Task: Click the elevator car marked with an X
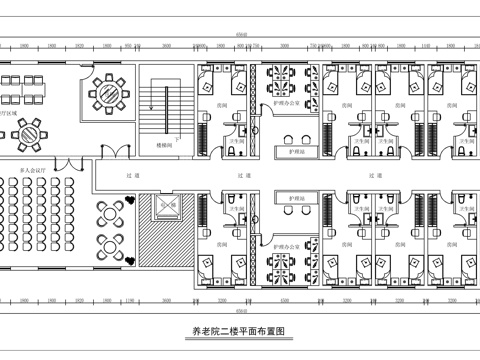pos(165,207)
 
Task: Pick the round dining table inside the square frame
pos(109,93)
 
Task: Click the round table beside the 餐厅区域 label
pos(37,130)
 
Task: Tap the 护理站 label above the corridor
pos(294,151)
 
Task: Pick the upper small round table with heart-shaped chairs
pos(108,213)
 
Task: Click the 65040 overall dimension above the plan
pos(240,34)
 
